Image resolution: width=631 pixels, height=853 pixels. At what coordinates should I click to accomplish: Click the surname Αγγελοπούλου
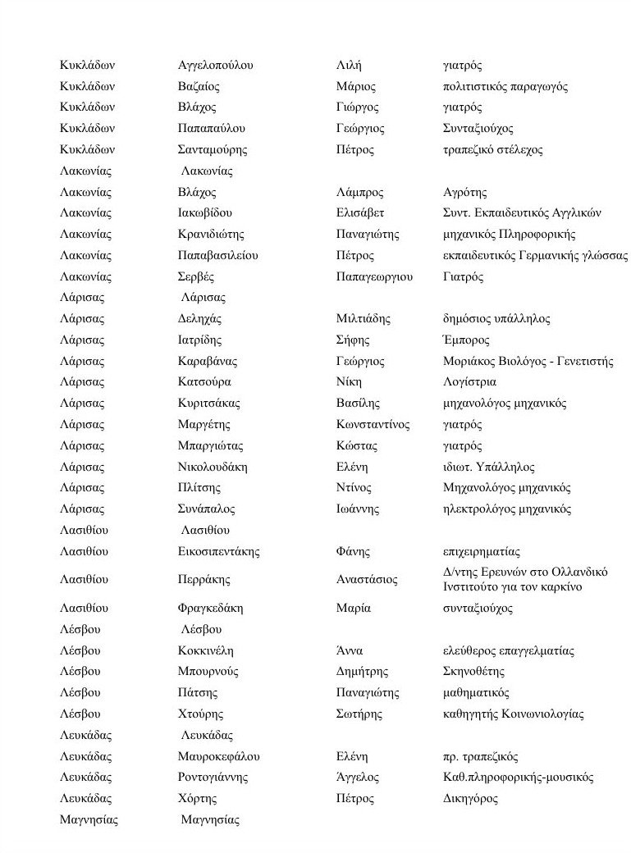216,66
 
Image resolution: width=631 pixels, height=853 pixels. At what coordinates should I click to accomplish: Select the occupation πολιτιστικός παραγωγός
505,87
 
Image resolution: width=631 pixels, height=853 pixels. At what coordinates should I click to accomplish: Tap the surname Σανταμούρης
213,150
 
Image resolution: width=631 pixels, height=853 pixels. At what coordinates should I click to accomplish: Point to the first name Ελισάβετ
360,213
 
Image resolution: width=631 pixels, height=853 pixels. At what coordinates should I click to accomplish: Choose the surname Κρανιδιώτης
211,235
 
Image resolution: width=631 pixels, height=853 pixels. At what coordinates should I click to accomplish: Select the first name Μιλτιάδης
364,319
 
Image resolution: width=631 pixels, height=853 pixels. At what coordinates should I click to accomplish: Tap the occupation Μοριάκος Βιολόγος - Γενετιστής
528,362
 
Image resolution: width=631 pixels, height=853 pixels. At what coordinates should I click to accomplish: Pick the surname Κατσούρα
204,382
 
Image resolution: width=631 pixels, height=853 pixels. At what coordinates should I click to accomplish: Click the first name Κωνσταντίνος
373,425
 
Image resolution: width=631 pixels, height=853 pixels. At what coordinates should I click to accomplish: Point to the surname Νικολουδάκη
213,468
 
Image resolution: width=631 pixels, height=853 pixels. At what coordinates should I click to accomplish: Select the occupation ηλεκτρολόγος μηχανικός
506,509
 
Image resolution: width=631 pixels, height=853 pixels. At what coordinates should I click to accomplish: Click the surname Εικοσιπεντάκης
218,552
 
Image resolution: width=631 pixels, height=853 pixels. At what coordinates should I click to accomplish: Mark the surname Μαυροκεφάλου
218,757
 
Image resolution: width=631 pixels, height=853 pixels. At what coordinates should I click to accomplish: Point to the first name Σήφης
354,340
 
